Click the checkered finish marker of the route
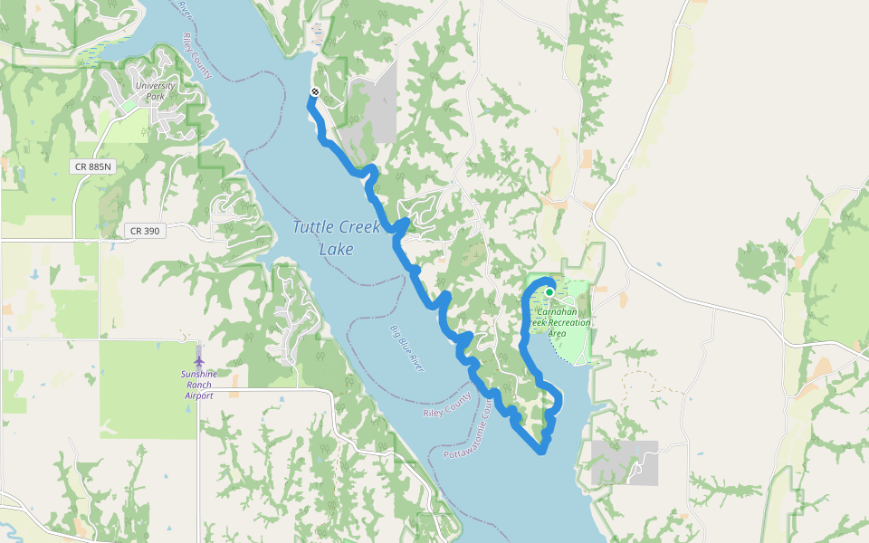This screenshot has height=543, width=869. (314, 92)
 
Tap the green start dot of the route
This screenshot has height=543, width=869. (549, 292)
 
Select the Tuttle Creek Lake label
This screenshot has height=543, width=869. (336, 237)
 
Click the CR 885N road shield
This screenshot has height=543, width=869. (93, 167)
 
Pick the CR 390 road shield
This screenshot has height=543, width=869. (144, 231)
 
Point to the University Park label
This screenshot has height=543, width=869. (154, 90)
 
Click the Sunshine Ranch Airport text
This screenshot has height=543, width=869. (197, 384)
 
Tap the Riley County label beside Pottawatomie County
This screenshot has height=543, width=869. (448, 405)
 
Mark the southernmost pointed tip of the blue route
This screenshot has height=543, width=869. (542, 450)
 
